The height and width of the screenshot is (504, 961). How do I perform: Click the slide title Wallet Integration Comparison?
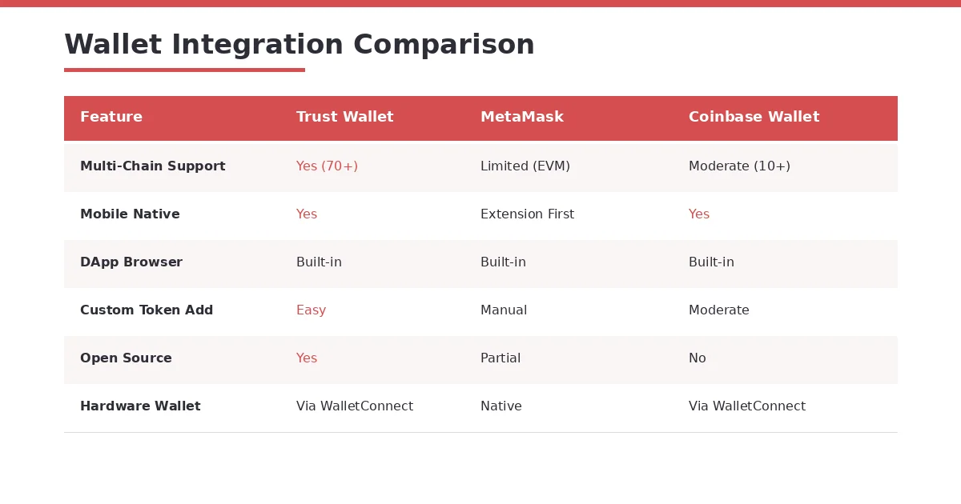pyautogui.click(x=299, y=45)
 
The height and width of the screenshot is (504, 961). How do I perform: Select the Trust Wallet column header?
pyautogui.click(x=344, y=117)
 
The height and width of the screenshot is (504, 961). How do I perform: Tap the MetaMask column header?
pyautogui.click(x=521, y=117)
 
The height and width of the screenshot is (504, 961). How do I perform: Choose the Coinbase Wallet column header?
pyautogui.click(x=754, y=117)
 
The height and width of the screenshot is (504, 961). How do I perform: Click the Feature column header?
pyautogui.click(x=111, y=117)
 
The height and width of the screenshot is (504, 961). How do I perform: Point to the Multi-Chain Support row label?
pyautogui.click(x=152, y=166)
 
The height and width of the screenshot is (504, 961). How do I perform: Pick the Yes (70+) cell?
pyautogui.click(x=327, y=166)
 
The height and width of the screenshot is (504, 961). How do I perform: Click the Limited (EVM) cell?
pyautogui.click(x=525, y=166)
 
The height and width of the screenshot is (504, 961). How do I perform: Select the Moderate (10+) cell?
pyautogui.click(x=739, y=166)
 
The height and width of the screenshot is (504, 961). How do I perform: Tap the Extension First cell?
pyautogui.click(x=527, y=214)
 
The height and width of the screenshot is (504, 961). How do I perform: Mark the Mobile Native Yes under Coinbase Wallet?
pyautogui.click(x=699, y=214)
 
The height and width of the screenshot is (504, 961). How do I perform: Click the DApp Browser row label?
pyautogui.click(x=131, y=262)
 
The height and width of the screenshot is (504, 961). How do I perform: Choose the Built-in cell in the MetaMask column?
pyautogui.click(x=503, y=262)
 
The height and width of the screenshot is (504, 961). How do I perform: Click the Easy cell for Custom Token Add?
pyautogui.click(x=311, y=310)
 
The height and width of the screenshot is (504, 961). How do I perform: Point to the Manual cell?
pyautogui.click(x=504, y=310)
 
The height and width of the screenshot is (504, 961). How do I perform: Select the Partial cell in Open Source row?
pyautogui.click(x=501, y=358)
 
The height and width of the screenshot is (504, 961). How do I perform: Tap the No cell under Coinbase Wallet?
pyautogui.click(x=698, y=358)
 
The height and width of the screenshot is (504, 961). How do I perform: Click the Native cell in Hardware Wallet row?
pyautogui.click(x=501, y=406)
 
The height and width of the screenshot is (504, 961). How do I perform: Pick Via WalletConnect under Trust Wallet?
pyautogui.click(x=355, y=406)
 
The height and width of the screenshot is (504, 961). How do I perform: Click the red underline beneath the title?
pyautogui.click(x=184, y=70)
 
